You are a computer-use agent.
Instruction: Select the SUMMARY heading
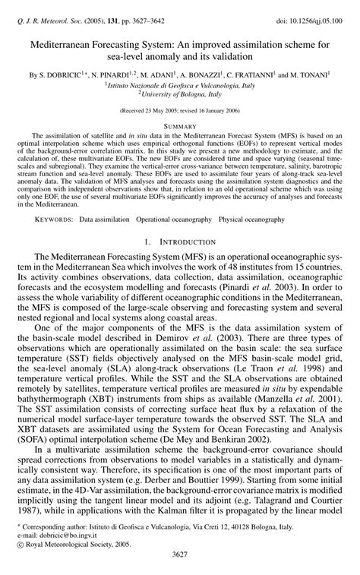pos(180,125)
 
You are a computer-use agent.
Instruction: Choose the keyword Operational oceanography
pos(174,220)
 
